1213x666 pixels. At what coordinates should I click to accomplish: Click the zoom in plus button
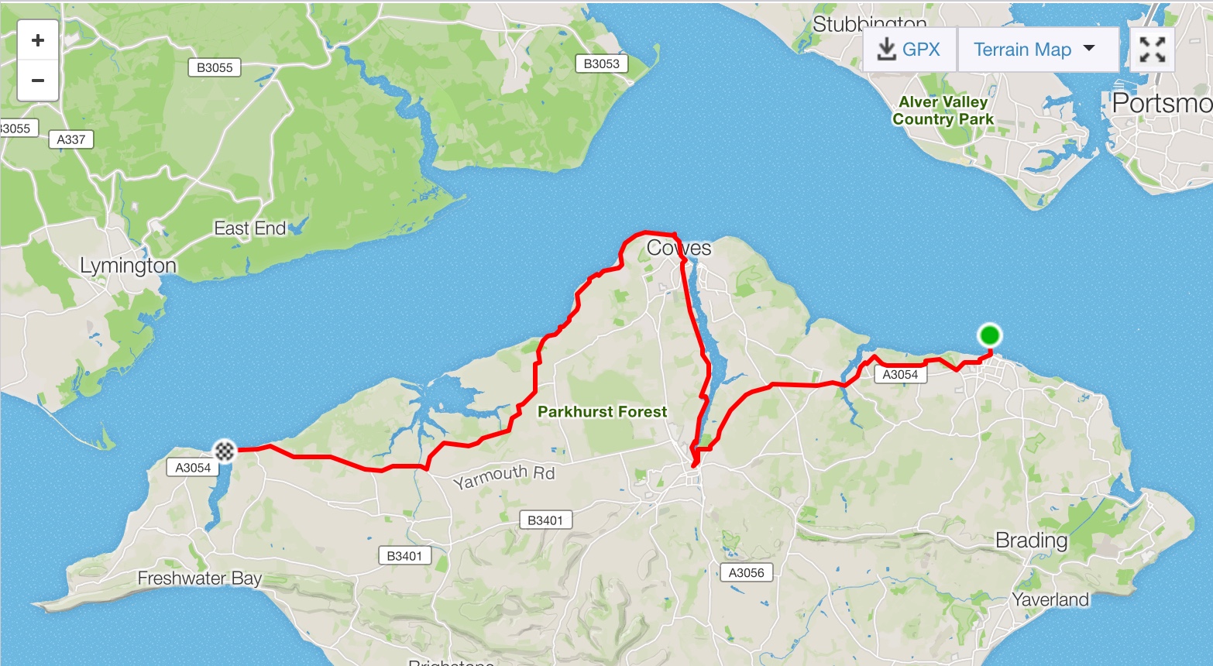click(x=37, y=40)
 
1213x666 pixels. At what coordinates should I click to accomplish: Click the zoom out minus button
click(x=37, y=81)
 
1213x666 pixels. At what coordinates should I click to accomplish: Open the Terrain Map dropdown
click(x=1037, y=50)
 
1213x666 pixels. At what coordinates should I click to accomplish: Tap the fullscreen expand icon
click(x=1152, y=50)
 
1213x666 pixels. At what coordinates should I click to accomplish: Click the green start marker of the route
click(x=989, y=335)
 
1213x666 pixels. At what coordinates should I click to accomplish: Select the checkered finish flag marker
click(x=225, y=449)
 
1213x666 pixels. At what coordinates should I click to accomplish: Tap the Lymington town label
click(x=128, y=266)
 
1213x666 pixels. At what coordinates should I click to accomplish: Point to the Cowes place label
click(x=679, y=248)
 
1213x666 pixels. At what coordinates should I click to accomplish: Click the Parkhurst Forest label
click(x=602, y=412)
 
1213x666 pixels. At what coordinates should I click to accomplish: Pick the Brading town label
click(x=1031, y=540)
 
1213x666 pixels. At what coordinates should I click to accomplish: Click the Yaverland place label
click(x=1050, y=599)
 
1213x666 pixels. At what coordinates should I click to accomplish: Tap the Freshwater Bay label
click(x=199, y=578)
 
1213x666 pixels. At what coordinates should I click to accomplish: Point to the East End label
click(x=249, y=228)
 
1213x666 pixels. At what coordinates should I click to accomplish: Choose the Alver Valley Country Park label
click(x=943, y=111)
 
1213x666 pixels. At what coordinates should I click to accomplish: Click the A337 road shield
click(x=71, y=139)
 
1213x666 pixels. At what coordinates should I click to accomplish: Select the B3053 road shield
click(x=601, y=64)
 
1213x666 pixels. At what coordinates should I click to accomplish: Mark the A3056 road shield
click(x=746, y=572)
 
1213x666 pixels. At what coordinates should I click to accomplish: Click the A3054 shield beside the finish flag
click(x=193, y=467)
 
